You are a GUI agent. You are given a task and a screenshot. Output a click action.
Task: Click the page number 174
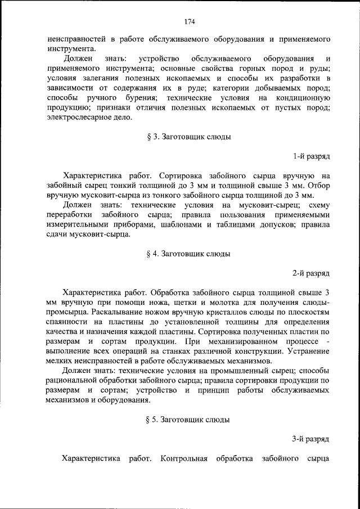188,22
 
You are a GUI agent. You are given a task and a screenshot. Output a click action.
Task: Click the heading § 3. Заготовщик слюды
188,137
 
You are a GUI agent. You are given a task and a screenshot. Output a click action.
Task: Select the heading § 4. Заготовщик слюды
188,254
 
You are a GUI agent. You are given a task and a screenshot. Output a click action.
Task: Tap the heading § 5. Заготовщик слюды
188,420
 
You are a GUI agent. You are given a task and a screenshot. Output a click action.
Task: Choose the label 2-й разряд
311,273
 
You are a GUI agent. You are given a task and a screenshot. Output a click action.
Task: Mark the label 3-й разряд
311,439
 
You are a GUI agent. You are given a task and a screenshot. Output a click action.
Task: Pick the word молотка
214,302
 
